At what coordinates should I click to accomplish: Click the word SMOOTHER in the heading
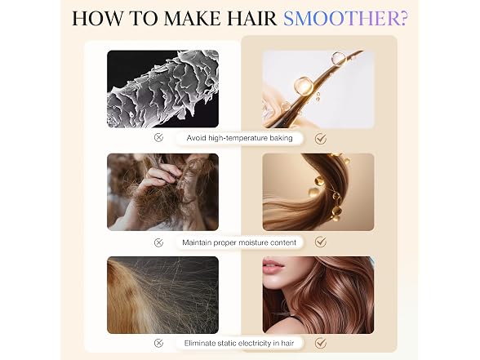click(341, 18)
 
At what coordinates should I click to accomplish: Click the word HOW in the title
click(97, 18)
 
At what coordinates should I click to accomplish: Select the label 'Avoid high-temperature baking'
click(239, 138)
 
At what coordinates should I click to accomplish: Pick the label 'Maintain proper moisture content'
click(239, 242)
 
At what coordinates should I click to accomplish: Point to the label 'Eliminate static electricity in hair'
click(239, 343)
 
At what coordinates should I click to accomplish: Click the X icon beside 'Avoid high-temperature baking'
click(158, 138)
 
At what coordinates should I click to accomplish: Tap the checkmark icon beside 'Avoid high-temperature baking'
click(321, 139)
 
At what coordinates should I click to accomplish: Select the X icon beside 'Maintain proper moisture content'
click(158, 242)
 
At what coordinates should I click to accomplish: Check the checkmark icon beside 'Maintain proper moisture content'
click(321, 242)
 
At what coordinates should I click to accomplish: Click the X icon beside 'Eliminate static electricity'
click(158, 343)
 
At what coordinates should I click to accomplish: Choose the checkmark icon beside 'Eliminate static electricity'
click(321, 343)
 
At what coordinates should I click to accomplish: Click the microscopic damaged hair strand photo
click(163, 89)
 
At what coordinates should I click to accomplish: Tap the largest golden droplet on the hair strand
click(304, 86)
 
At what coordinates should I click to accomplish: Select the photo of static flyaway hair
click(163, 296)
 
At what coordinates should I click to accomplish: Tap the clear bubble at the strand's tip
click(338, 58)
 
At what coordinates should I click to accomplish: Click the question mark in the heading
click(403, 18)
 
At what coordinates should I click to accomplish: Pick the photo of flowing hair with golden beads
click(318, 193)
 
